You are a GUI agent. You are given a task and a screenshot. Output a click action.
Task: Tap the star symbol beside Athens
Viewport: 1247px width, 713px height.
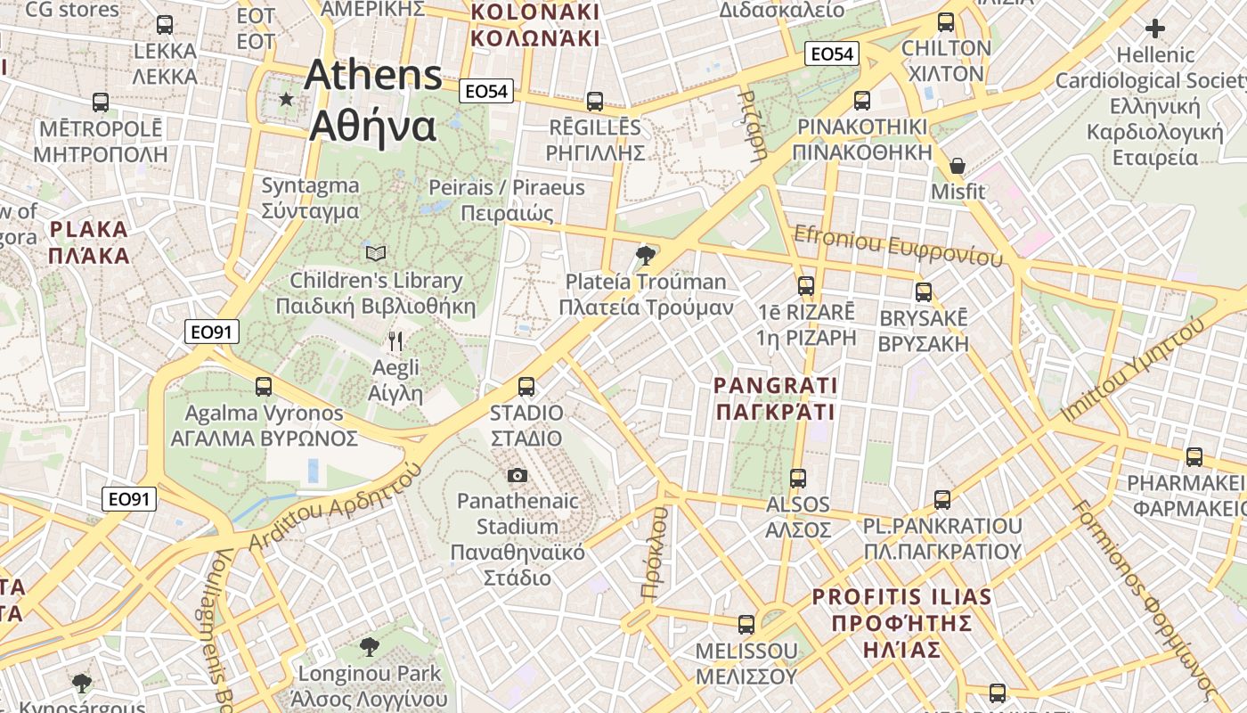pos(286,99)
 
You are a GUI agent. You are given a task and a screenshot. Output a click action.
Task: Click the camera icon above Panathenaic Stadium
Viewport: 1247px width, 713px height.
pos(517,475)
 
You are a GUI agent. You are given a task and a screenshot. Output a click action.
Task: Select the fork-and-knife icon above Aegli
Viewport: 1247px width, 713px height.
pos(396,340)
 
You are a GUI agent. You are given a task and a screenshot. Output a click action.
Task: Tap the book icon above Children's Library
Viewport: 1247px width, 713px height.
pos(376,254)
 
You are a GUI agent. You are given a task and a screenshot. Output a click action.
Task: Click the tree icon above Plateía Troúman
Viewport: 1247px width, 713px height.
pos(646,257)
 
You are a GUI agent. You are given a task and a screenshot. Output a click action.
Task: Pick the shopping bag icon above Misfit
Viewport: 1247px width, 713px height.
pos(958,166)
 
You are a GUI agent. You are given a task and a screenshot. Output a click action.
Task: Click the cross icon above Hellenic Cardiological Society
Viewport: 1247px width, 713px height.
pos(1155,29)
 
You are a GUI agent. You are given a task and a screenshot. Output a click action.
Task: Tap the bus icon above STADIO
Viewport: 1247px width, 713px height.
pos(526,387)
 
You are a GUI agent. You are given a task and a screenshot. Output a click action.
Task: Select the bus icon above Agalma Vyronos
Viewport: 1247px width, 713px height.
pos(264,387)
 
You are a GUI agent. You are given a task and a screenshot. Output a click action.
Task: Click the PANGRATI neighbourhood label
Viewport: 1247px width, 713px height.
pos(776,398)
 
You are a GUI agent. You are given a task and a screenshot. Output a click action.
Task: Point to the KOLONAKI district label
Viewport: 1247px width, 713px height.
pos(534,25)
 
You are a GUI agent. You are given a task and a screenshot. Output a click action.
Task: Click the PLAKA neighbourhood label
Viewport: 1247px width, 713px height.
pos(89,242)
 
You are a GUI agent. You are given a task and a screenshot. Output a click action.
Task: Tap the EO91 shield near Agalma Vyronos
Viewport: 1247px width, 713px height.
pos(213,332)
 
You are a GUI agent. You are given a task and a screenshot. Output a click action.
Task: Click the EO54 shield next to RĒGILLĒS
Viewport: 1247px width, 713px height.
pos(487,91)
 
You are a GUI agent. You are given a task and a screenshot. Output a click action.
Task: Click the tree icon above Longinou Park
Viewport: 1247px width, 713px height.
pos(369,646)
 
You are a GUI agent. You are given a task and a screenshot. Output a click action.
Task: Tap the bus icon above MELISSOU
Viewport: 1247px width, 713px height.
pos(746,625)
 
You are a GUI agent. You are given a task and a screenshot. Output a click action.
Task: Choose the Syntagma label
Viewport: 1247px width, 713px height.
pos(310,199)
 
